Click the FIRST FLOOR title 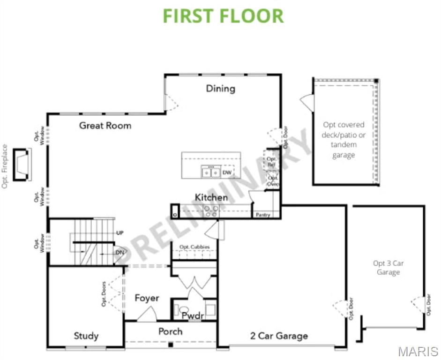click(223, 15)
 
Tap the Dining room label click(221, 89)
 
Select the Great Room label click(105, 126)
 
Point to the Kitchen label click(211, 197)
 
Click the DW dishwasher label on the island click(227, 172)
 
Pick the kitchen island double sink click(210, 172)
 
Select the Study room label click(86, 336)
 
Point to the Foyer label click(147, 298)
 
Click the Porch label click(170, 331)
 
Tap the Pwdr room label click(193, 315)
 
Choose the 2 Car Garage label click(279, 336)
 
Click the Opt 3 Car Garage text click(388, 268)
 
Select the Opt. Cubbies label click(194, 247)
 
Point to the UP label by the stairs click(120, 233)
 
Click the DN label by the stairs click(120, 252)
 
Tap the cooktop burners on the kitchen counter click(210, 211)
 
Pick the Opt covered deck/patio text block click(344, 140)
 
